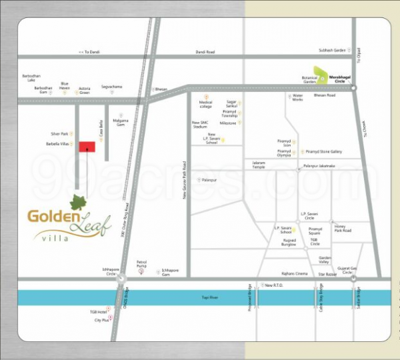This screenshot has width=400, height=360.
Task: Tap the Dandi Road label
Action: click(205, 52)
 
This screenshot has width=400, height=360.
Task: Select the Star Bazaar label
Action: click(327, 273)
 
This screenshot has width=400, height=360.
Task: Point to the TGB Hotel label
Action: click(98, 311)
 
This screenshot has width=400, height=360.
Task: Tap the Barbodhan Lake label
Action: click(32, 78)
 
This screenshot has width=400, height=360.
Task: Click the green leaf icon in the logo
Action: click(78, 201)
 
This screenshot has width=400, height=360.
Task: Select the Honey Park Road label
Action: click(343, 228)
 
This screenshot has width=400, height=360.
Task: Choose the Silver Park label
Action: click(59, 133)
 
